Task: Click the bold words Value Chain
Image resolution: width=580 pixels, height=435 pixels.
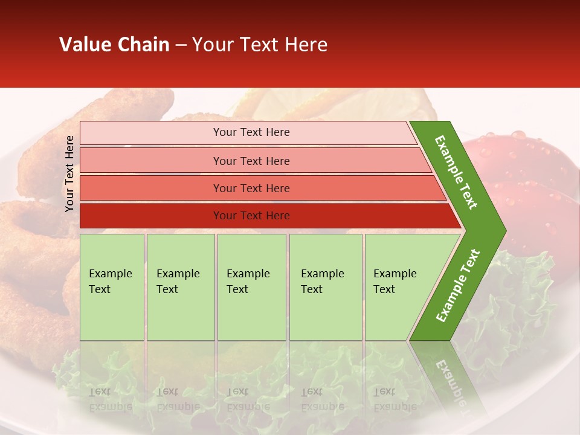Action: [114, 45]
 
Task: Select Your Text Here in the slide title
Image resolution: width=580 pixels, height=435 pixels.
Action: [260, 45]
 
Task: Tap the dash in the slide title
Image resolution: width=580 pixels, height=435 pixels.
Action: [181, 45]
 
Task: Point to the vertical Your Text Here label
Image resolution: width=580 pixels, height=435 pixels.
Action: [69, 173]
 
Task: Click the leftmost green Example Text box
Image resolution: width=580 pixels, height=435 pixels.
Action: [112, 287]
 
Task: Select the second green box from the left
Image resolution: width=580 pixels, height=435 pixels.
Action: [181, 287]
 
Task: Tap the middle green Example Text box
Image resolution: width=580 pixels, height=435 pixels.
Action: [251, 287]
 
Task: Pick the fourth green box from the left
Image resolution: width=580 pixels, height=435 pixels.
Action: [326, 287]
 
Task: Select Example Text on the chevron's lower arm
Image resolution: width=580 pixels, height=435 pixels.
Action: [458, 285]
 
